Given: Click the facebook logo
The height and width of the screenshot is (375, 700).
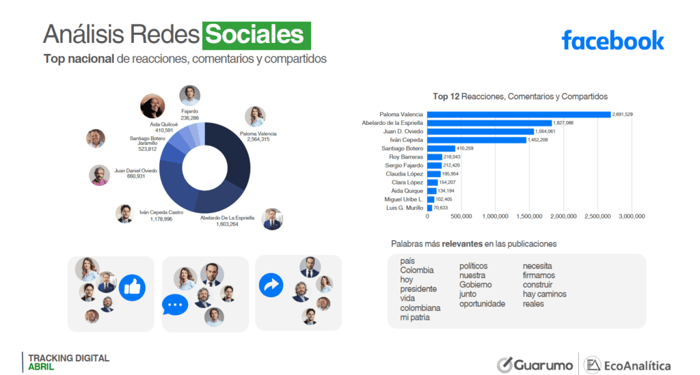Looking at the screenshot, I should pyautogui.click(x=612, y=40).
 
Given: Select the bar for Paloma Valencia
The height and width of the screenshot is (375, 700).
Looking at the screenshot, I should pyautogui.click(x=519, y=114).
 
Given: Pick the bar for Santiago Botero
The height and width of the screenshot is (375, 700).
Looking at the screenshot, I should pyautogui.click(x=441, y=148).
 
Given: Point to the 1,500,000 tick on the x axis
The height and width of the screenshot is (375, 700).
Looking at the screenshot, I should pyautogui.click(x=530, y=217).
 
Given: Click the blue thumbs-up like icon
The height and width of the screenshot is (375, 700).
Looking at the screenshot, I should pyautogui.click(x=132, y=288).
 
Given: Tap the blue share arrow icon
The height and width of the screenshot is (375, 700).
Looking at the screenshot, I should pyautogui.click(x=271, y=285).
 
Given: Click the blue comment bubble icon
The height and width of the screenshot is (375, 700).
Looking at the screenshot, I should pyautogui.click(x=174, y=304).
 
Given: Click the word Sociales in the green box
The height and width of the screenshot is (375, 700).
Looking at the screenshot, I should pyautogui.click(x=256, y=35).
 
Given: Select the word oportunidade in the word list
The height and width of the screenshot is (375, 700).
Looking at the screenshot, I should pyautogui.click(x=482, y=304).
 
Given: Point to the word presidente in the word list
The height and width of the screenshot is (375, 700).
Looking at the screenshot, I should pyautogui.click(x=418, y=289).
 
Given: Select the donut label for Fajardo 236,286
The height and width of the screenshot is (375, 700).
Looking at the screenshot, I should pyautogui.click(x=189, y=114).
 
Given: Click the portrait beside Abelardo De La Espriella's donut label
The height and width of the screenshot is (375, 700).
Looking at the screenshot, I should pyautogui.click(x=272, y=219).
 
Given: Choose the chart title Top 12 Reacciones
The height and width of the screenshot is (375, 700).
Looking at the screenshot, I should pyautogui.click(x=520, y=97).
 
